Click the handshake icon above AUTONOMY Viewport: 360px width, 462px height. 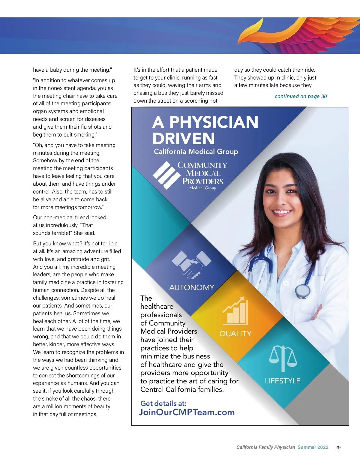[191, 264]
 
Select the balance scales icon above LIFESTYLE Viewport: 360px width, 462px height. [283, 358]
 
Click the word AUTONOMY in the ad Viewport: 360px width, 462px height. [192, 287]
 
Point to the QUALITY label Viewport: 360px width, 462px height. [235, 334]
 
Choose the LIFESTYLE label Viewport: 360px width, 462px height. [282, 381]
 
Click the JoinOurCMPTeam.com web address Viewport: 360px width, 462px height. [187, 412]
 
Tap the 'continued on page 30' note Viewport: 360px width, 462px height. [301, 96]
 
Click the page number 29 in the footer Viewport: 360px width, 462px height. [338, 447]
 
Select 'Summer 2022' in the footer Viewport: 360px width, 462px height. [313, 447]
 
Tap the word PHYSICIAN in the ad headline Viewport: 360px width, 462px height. [214, 122]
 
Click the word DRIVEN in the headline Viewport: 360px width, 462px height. [184, 139]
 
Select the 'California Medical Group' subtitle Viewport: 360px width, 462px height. [196, 151]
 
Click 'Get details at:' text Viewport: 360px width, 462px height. [163, 403]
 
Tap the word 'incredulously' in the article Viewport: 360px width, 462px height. [59, 225]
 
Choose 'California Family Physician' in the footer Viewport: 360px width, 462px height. [265, 447]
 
